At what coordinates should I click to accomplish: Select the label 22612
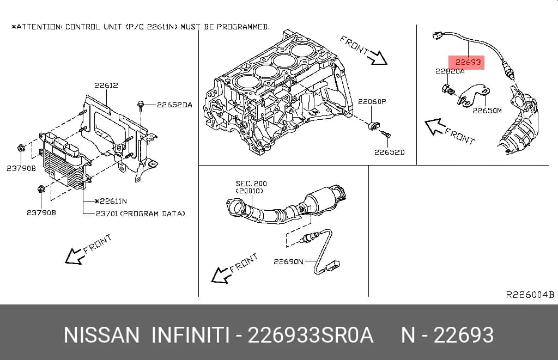(x=106, y=86)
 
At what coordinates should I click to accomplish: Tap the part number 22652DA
(x=174, y=105)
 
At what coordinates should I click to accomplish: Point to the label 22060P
(x=372, y=102)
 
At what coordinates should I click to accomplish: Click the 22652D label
(x=389, y=152)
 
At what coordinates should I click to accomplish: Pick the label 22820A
(x=450, y=71)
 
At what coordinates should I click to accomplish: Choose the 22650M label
(x=487, y=111)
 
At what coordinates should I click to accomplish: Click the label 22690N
(x=288, y=262)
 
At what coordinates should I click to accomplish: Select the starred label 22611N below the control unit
(x=111, y=202)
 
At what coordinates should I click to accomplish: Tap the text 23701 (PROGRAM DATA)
(x=140, y=214)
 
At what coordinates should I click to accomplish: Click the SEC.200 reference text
(x=251, y=184)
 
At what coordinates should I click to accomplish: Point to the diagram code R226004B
(x=530, y=295)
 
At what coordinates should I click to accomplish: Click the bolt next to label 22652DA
(x=141, y=106)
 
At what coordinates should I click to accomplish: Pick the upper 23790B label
(x=21, y=169)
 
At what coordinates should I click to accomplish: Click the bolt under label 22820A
(x=448, y=90)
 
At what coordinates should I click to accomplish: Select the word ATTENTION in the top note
(x=39, y=27)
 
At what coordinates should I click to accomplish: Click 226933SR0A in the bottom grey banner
(x=310, y=335)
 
